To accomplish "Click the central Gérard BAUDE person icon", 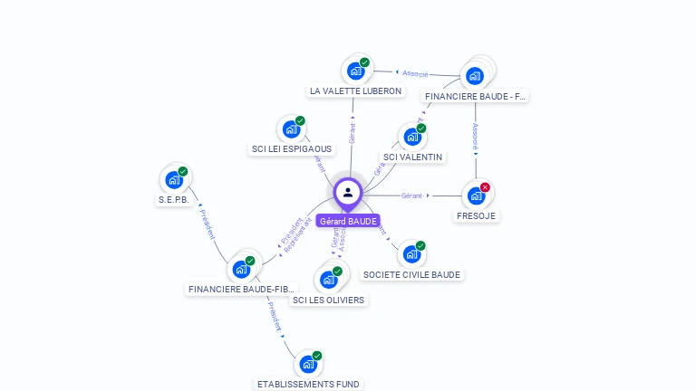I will pyautogui.click(x=348, y=192).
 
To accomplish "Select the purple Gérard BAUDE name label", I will pyautogui.click(x=348, y=221).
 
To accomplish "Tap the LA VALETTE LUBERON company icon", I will pyautogui.click(x=355, y=71).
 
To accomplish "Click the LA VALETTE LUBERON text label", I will pyautogui.click(x=355, y=91).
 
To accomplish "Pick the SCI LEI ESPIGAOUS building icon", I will pyautogui.click(x=291, y=129).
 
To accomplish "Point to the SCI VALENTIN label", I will pyautogui.click(x=412, y=157).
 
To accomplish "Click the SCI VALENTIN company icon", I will pyautogui.click(x=412, y=137).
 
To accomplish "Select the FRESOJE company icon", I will pyautogui.click(x=476, y=195).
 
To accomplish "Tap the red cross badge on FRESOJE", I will pyautogui.click(x=485, y=187).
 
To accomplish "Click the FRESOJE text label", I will pyautogui.click(x=476, y=216).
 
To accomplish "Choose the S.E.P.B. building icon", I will pyautogui.click(x=173, y=180).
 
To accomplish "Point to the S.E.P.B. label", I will pyautogui.click(x=173, y=200).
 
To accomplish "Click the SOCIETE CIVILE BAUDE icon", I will pyautogui.click(x=411, y=254).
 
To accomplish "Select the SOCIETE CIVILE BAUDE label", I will pyautogui.click(x=411, y=275).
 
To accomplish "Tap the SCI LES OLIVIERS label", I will pyautogui.click(x=328, y=300).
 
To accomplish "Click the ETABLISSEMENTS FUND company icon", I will pyautogui.click(x=308, y=364).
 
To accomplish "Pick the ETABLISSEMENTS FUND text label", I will pyautogui.click(x=308, y=385).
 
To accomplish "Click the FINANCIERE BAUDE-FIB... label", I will pyautogui.click(x=242, y=290).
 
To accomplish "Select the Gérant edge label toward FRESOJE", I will pyautogui.click(x=412, y=195).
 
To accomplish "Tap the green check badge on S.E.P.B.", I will pyautogui.click(x=182, y=171).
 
